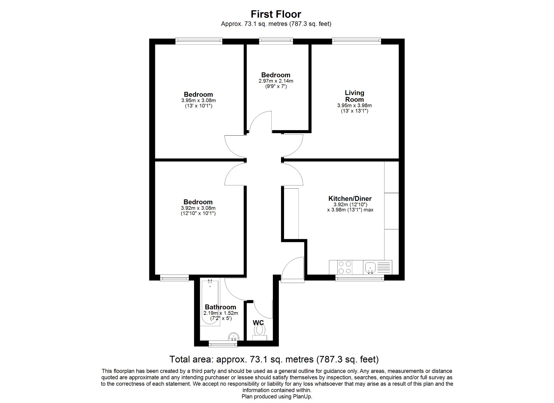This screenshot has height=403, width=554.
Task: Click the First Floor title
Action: tap(276, 14)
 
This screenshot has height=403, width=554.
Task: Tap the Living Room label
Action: tap(354, 96)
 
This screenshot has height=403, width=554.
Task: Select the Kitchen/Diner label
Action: tap(350, 198)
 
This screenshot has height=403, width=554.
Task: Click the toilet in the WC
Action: tap(260, 330)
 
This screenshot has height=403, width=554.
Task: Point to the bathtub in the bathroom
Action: tap(210, 303)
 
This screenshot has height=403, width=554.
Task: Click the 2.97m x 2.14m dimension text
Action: tap(276, 81)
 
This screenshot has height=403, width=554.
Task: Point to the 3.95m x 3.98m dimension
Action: tap(354, 106)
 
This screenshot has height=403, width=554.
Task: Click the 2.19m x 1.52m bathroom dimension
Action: tap(221, 313)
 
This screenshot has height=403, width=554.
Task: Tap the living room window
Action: tap(356, 41)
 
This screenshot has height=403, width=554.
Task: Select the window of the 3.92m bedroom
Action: tap(174, 278)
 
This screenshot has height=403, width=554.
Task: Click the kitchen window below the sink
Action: tap(360, 278)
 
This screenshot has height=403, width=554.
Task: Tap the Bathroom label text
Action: tap(220, 307)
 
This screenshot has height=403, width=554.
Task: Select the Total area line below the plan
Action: tap(274, 359)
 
